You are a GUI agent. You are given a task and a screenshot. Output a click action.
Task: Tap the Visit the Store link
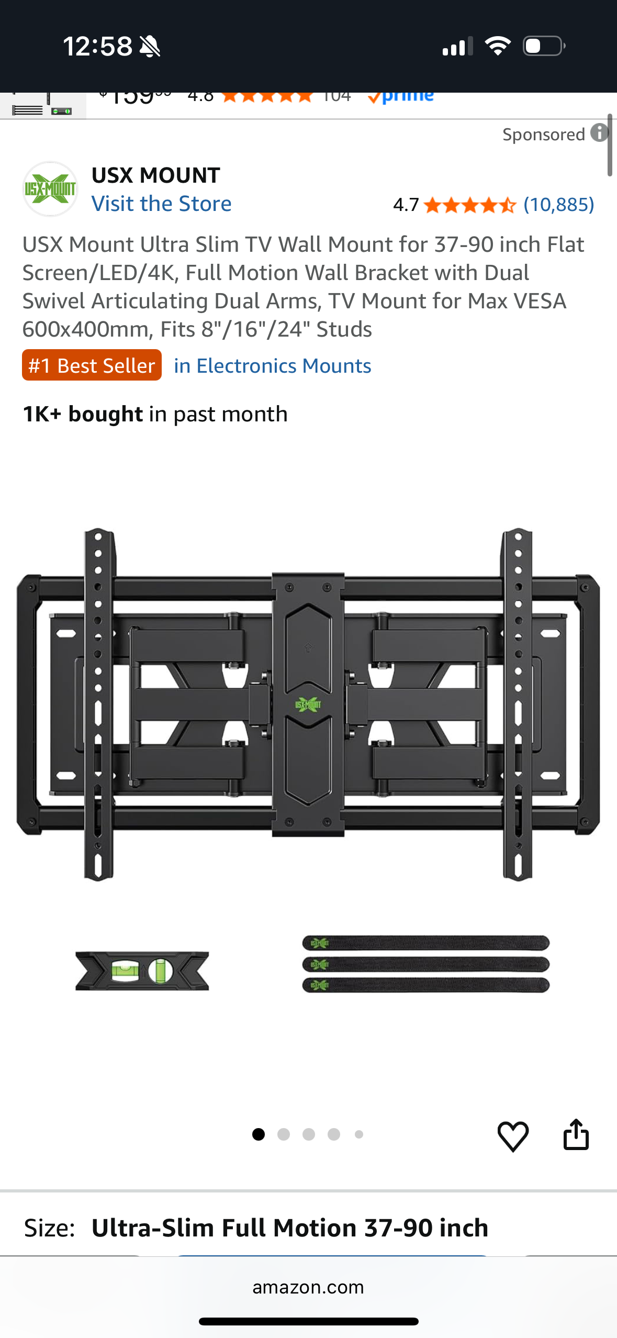(161, 204)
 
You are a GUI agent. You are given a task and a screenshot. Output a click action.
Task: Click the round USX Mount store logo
(50, 189)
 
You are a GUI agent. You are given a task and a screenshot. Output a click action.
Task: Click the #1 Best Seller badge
(92, 365)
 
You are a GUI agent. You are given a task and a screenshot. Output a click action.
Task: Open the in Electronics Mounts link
(272, 366)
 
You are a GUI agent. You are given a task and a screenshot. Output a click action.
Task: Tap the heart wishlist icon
(513, 1136)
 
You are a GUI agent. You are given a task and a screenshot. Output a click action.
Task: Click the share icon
(576, 1134)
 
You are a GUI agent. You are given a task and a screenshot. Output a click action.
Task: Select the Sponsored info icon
(599, 133)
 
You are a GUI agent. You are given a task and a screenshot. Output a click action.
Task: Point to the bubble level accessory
(142, 971)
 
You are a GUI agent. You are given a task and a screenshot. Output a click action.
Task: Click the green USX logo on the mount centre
(308, 705)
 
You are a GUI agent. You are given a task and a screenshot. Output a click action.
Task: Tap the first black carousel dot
(259, 1134)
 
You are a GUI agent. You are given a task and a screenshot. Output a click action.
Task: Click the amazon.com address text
(308, 1287)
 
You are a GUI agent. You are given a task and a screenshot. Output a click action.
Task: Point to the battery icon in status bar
(544, 46)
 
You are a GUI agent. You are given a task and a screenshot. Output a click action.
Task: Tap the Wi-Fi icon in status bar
(498, 46)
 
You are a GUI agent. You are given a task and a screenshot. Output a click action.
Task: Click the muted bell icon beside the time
(150, 47)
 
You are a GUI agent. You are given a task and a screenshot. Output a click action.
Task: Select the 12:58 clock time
(98, 46)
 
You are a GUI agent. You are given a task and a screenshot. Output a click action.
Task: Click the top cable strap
(425, 943)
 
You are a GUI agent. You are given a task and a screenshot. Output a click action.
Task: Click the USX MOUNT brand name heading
(155, 175)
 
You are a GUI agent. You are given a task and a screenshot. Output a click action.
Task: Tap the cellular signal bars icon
(457, 47)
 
